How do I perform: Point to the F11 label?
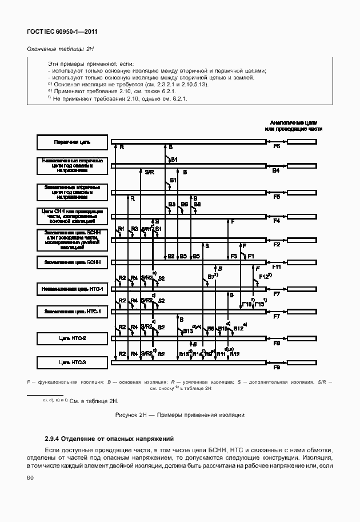(x=277, y=267)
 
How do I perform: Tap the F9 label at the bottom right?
(x=277, y=368)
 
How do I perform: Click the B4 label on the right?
(x=276, y=171)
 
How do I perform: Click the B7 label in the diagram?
(x=211, y=277)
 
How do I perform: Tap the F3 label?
(x=233, y=256)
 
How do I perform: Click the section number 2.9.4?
(x=53, y=439)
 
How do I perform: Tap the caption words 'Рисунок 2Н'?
(x=130, y=415)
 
